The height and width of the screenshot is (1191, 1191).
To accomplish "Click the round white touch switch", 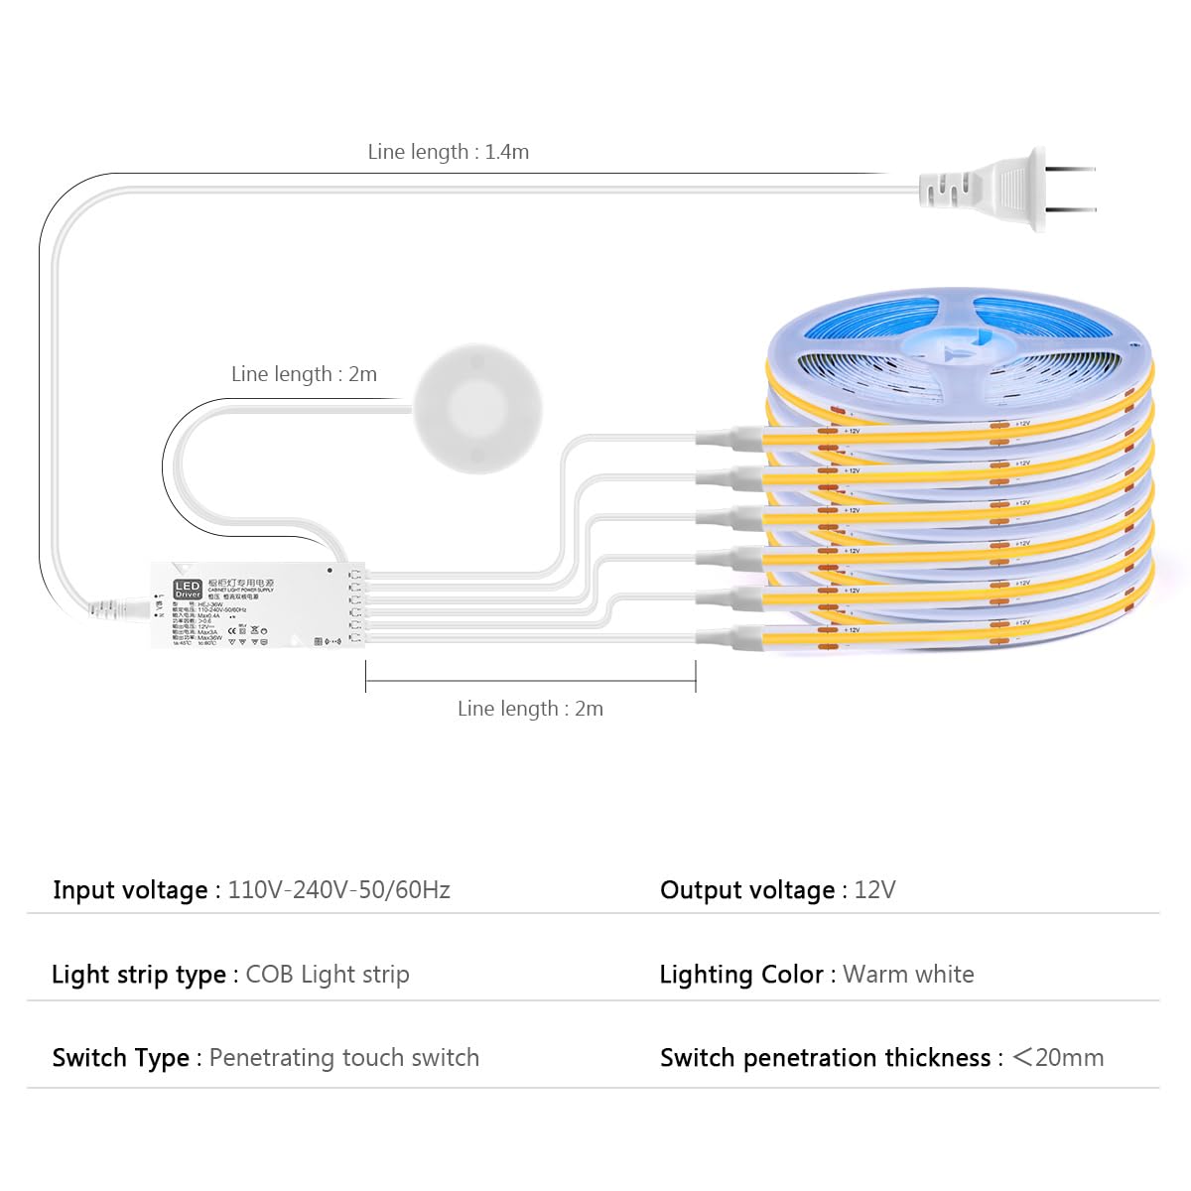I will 477,408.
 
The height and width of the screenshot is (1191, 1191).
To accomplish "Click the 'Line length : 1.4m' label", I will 448,152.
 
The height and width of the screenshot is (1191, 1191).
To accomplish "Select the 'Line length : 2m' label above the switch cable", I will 304,374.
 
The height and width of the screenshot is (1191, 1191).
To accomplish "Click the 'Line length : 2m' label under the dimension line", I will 530,709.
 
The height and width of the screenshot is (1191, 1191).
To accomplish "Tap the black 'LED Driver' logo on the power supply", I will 188,590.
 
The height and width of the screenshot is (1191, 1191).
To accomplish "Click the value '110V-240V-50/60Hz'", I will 338,889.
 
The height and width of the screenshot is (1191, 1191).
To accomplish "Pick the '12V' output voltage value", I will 874,889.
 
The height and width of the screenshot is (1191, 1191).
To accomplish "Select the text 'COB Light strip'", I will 327,975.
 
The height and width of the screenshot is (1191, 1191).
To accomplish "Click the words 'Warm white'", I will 908,975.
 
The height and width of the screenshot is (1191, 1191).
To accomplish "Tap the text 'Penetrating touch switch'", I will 343,1058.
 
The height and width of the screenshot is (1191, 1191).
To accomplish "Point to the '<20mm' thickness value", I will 1057,1058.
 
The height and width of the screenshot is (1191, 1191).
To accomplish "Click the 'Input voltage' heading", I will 130,890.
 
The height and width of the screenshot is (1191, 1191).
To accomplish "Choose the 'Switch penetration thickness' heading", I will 825,1058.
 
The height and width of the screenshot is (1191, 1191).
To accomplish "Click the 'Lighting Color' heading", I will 740,975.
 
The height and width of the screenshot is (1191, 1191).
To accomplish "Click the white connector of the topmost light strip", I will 729,437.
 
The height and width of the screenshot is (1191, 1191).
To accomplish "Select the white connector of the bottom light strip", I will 729,637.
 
